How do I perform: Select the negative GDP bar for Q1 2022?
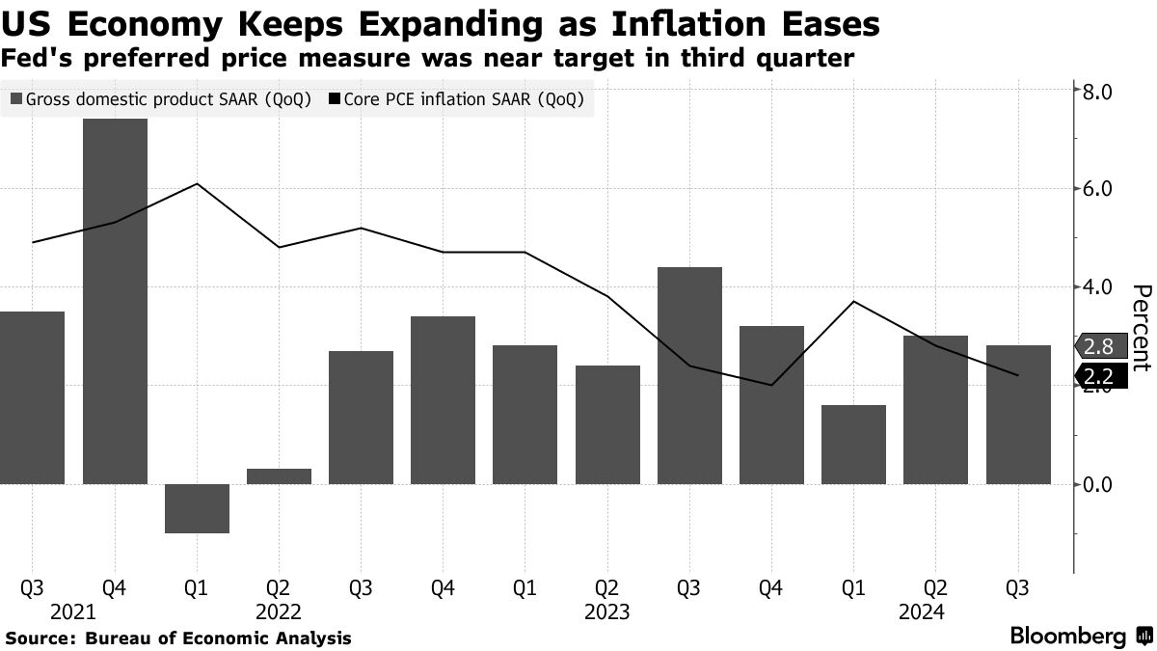(197, 508)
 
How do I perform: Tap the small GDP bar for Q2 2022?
(280, 476)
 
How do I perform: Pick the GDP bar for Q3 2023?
(689, 376)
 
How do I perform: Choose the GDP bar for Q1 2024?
(853, 445)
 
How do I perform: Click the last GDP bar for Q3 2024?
(1018, 415)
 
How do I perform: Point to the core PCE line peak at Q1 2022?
(197, 183)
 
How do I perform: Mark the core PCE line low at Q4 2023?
(771, 385)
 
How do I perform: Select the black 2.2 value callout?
(1099, 375)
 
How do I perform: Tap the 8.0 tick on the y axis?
(1099, 92)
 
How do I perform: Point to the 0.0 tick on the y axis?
(1099, 484)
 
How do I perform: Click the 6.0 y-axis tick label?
(1099, 189)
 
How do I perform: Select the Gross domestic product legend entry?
(160, 100)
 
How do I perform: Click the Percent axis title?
(1141, 328)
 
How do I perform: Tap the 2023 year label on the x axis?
(606, 611)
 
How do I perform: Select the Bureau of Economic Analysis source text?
(218, 637)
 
